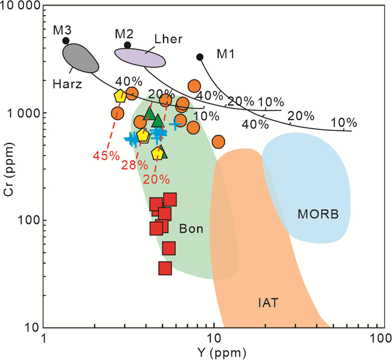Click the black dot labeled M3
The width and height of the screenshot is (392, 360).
66,40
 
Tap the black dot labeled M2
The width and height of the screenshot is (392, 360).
128,45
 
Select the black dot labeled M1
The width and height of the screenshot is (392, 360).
200,57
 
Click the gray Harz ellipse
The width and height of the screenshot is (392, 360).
80,57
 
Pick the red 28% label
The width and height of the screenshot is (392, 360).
134,165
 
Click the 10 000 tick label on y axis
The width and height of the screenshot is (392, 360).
20,7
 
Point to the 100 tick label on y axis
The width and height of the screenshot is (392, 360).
29,220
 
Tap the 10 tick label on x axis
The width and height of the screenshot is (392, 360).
212,339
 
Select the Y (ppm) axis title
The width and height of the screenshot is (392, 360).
212,353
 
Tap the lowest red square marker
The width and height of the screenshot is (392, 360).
165,269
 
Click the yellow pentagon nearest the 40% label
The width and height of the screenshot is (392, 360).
119,96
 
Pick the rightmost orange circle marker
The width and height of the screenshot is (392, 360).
218,141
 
